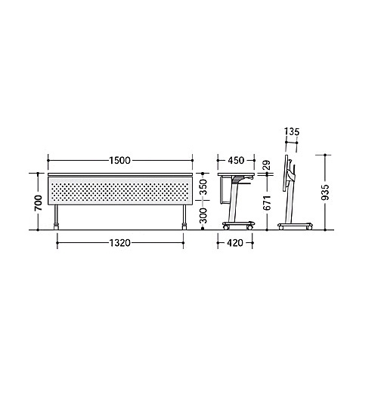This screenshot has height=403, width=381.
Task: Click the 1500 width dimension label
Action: tap(119, 161)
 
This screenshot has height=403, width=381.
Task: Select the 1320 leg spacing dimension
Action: tap(120, 243)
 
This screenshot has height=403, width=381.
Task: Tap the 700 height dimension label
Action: tap(39, 203)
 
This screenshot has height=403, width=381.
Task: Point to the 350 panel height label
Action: tap(203, 187)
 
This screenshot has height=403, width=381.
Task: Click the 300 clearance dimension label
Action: tap(203, 216)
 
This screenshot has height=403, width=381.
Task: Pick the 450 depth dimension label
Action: tap(236, 161)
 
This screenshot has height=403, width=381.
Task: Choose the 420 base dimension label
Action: tap(235, 243)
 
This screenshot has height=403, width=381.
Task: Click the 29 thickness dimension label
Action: tap(267, 165)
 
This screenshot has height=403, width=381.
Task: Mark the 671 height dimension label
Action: tap(267, 203)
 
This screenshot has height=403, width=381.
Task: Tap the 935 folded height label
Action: tap(325, 192)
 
